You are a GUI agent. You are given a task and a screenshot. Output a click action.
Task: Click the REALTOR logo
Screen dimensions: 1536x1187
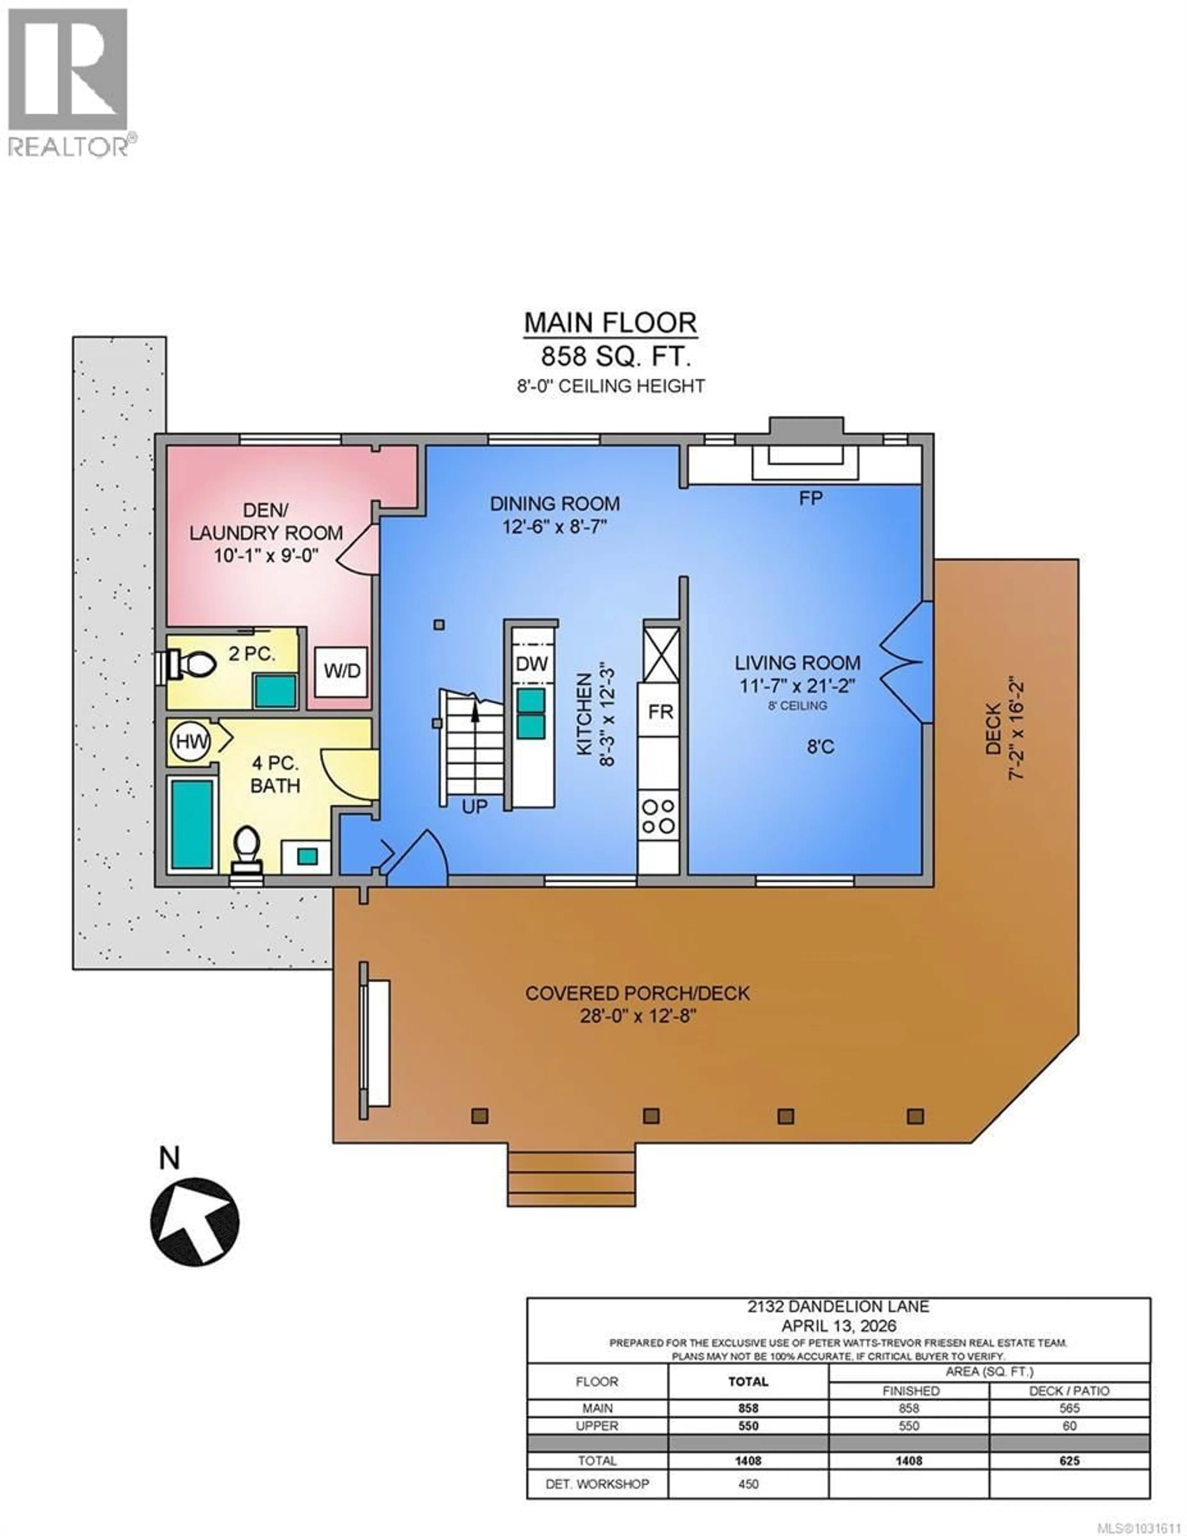coord(68,81)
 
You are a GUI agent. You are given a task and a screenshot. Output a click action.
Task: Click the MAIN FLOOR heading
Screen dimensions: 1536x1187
coord(610,323)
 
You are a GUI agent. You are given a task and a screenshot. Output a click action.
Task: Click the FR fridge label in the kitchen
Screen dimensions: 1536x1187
coord(660,712)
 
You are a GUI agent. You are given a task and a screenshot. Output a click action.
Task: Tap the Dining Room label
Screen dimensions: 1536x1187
coord(555,504)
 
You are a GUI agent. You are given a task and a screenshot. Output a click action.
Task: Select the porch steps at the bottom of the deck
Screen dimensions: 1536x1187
coord(571,1174)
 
